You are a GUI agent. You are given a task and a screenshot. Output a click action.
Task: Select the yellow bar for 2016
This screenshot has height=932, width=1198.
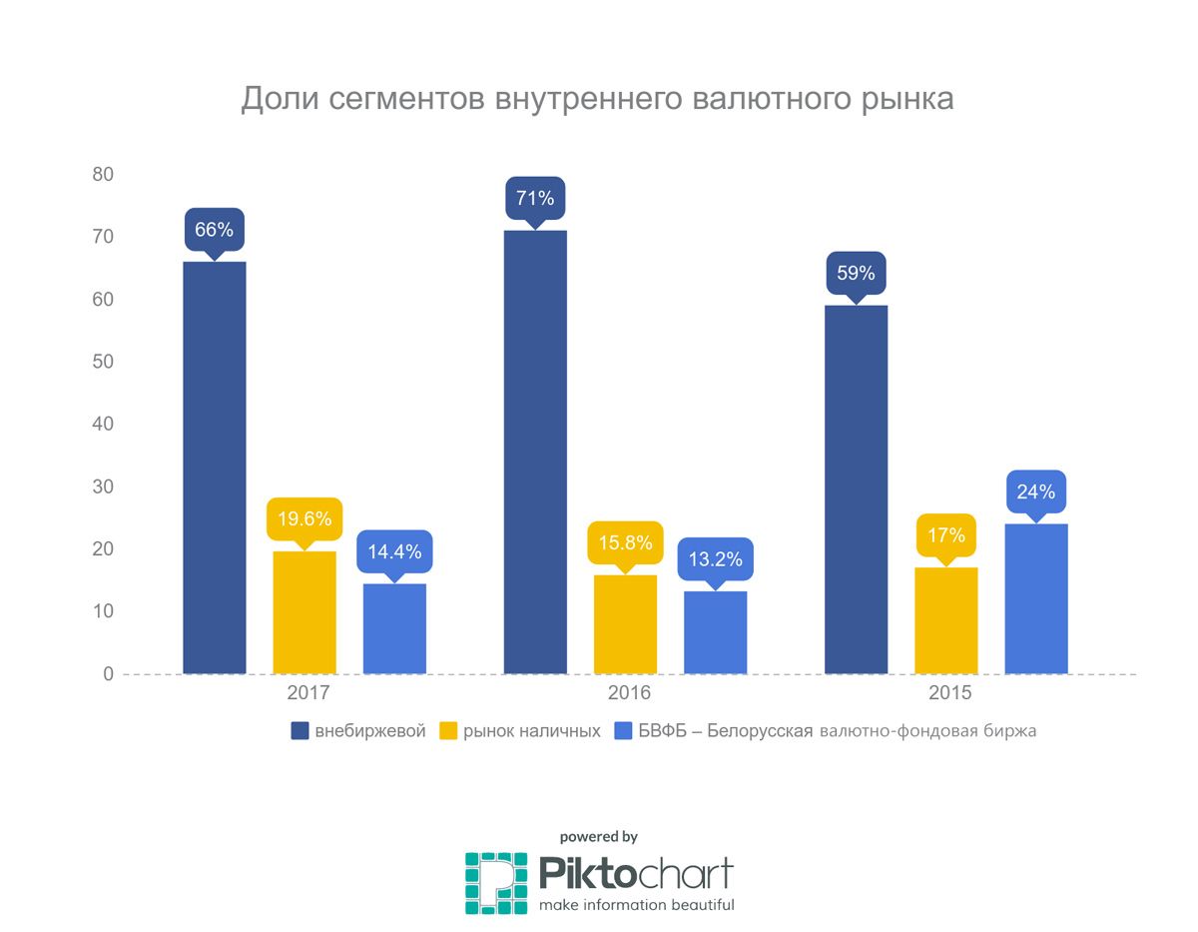tap(625, 624)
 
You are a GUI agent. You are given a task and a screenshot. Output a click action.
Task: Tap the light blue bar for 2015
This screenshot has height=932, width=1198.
tap(1036, 598)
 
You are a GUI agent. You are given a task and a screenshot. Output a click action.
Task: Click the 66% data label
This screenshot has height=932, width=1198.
tap(214, 230)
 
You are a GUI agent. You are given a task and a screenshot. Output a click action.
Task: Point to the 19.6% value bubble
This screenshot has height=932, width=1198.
tap(304, 518)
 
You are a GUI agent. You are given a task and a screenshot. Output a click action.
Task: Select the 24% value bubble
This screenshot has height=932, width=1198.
tap(1036, 491)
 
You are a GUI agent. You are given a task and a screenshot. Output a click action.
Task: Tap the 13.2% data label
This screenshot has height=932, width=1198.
tap(716, 559)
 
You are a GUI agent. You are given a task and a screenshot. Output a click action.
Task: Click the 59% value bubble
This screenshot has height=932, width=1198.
tap(856, 273)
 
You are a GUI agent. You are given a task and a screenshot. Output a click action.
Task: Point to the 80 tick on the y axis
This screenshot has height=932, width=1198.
tap(103, 175)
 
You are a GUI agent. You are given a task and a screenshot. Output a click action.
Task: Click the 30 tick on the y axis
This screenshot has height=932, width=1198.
tap(103, 486)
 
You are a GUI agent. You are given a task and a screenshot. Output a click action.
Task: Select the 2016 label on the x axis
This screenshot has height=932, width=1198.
tap(629, 693)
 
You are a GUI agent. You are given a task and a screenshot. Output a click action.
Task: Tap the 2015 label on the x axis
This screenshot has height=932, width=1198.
tap(950, 693)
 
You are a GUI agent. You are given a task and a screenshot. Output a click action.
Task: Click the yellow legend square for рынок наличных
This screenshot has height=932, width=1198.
tap(448, 731)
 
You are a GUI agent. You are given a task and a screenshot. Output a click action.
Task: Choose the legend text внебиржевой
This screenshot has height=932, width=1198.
tap(370, 731)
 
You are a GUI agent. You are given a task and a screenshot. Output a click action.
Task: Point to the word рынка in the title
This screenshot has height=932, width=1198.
tap(903, 100)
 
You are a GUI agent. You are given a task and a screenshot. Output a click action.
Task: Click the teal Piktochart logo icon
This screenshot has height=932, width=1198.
tap(496, 882)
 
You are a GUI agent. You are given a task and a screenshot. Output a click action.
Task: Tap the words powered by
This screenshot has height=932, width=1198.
tap(598, 837)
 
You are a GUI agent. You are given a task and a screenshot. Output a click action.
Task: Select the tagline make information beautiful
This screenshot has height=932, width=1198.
tap(637, 905)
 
